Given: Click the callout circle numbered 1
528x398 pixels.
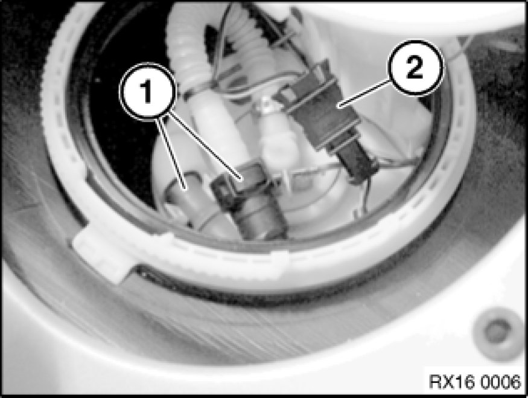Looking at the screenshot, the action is pos(147,91).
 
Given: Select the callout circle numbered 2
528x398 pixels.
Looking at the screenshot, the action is pos(415,68).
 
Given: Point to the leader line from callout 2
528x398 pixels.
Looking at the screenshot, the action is pos(365,94).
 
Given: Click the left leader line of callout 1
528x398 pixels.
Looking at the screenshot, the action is pos(171,153).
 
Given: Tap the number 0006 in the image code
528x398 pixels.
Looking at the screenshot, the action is pos(500,382).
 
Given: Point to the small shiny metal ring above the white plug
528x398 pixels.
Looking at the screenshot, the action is pos(268,105).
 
